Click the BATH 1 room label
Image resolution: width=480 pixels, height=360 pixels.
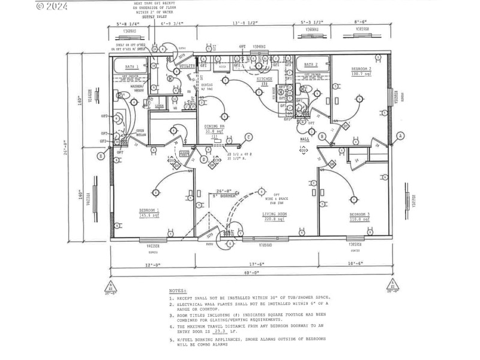tap(131, 67)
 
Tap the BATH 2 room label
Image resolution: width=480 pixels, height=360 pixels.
tap(310, 64)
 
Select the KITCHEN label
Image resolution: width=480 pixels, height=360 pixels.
tap(265, 79)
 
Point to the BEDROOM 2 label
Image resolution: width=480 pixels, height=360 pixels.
tap(361, 70)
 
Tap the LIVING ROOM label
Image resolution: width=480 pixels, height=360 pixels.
tap(274, 214)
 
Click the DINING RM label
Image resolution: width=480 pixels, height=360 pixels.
tap(214, 126)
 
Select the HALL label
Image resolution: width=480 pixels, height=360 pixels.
tap(304, 139)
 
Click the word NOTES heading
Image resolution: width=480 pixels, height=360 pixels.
tap(178, 290)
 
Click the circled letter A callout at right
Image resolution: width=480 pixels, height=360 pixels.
tap(400, 136)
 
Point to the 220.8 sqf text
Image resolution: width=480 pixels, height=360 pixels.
tap(274, 219)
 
